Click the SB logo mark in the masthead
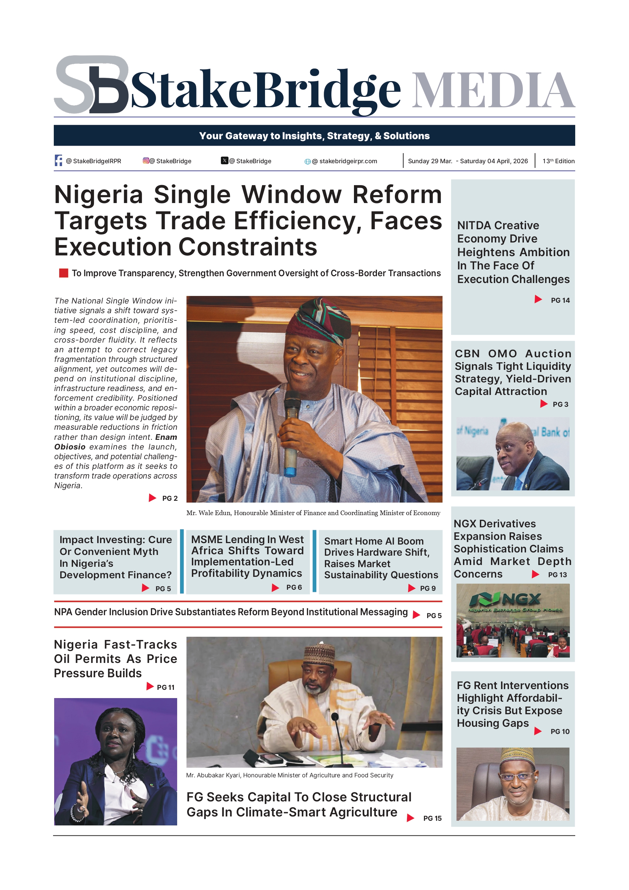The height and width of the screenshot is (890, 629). click(x=91, y=85)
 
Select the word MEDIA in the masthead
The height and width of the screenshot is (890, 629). click(x=493, y=90)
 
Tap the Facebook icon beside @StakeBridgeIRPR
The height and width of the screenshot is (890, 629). click(x=58, y=160)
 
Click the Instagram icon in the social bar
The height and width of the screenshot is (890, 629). click(x=146, y=160)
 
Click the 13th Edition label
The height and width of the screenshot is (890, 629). click(x=558, y=161)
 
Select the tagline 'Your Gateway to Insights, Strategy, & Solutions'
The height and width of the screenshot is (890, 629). click(x=314, y=136)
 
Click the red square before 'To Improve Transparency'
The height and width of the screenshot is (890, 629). click(x=63, y=273)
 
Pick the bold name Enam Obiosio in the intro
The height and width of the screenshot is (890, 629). click(x=115, y=442)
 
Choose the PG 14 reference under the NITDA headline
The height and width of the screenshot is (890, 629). click(x=560, y=300)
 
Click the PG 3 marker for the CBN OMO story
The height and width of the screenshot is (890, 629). click(x=560, y=404)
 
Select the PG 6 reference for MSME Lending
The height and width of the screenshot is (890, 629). click(x=294, y=587)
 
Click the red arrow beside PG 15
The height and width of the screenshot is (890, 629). click(x=410, y=818)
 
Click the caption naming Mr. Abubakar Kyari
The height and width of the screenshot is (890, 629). click(x=289, y=775)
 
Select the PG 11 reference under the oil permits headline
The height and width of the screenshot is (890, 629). click(x=165, y=687)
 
